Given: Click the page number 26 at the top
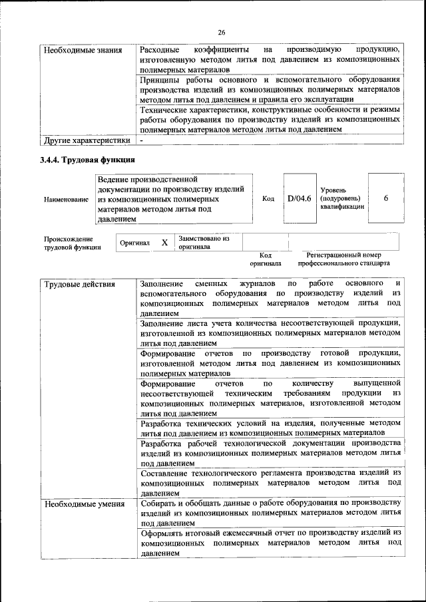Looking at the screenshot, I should (222, 32).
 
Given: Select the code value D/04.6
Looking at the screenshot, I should (300, 198).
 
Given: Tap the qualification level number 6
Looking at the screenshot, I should (386, 198).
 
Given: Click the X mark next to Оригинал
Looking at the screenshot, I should (164, 243).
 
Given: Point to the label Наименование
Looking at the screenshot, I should (65, 199).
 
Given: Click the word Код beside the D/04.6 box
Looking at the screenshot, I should (268, 198).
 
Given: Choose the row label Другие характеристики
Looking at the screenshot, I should (87, 140).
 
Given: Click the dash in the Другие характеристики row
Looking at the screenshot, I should (142, 140).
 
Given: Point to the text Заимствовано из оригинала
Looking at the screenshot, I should (204, 242).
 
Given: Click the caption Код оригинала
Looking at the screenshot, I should (265, 259).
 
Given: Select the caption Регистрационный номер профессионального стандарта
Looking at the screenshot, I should (344, 259).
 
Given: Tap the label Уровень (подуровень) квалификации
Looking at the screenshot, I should (342, 198).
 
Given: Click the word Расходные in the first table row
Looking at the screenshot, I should (160, 50).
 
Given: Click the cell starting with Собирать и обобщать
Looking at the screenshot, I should (270, 513).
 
